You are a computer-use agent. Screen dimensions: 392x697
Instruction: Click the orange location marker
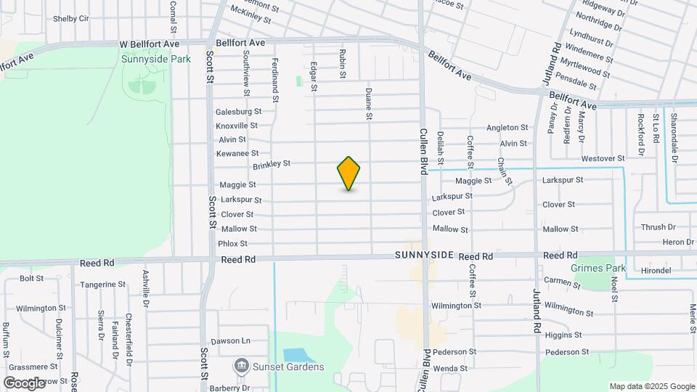click(x=348, y=173)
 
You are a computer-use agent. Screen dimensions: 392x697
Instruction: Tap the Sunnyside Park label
click(x=156, y=59)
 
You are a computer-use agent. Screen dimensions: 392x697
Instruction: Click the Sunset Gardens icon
click(x=241, y=366)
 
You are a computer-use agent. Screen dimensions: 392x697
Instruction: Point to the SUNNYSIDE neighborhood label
click(x=425, y=256)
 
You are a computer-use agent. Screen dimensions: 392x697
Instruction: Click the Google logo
click(x=24, y=383)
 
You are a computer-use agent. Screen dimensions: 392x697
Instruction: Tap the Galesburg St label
click(x=238, y=112)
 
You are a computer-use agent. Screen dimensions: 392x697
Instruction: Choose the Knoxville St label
click(x=237, y=126)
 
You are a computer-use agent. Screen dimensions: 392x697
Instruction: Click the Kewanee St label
click(x=237, y=153)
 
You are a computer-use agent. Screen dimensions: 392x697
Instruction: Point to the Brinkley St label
click(x=272, y=166)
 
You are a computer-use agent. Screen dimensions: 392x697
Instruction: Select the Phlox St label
click(x=232, y=244)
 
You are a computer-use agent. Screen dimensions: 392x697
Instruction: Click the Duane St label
click(x=369, y=104)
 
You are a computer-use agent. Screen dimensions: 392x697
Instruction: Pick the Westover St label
click(x=603, y=158)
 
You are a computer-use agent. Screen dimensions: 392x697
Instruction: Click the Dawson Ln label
click(x=230, y=340)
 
